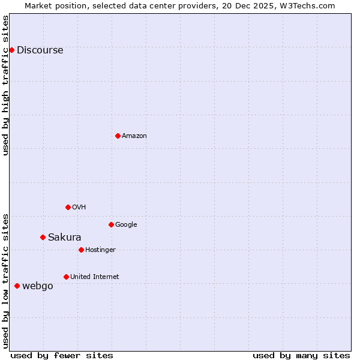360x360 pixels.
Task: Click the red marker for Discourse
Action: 11,50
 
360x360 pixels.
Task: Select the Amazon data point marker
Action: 118,136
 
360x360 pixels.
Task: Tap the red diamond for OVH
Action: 68,207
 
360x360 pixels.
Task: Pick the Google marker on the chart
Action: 111,224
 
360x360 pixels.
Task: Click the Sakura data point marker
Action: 43,237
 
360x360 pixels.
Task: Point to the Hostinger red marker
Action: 81,250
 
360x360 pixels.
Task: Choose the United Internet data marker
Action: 66,277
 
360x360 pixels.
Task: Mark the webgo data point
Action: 17,286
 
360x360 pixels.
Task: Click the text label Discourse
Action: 40,50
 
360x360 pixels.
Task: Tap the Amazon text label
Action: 134,136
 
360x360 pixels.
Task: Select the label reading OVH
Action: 79,208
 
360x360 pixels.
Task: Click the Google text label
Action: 126,225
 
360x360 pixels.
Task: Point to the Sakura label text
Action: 64,238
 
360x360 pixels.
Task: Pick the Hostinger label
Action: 100,250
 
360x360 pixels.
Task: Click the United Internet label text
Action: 94,277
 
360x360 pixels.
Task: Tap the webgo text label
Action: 37,286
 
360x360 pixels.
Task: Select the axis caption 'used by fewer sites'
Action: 62,355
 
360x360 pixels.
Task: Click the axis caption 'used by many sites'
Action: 301,355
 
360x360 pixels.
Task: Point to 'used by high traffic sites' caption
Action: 6,85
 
